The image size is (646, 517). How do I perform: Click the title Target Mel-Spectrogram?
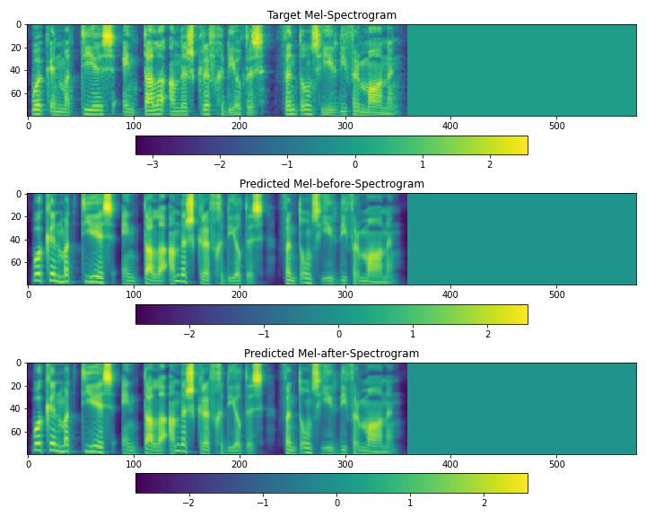331,15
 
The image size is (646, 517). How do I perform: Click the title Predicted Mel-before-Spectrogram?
331,184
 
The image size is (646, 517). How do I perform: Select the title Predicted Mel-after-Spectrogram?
331,354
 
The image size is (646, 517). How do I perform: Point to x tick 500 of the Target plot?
450,127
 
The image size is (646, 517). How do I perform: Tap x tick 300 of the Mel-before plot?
345,295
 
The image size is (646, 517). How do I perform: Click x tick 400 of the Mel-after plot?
450,465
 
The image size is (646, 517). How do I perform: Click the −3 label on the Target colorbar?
152,164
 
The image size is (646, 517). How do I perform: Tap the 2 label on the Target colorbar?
490,164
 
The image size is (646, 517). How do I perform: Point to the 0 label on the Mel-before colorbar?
338,334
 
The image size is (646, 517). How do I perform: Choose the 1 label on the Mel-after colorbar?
410,503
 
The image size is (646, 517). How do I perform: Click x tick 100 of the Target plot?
134,127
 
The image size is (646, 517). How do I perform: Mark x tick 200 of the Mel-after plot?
240,465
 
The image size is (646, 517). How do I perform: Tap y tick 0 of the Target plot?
18,25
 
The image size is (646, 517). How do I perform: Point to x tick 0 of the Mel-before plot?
29,295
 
